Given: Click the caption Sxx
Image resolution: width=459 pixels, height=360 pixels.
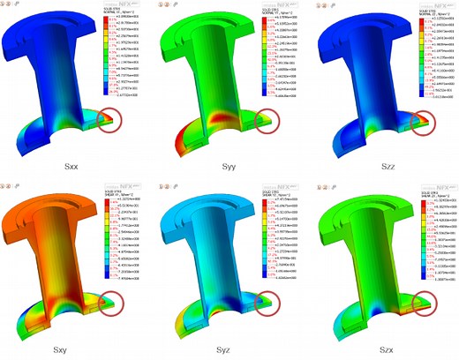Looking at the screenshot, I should [74, 164].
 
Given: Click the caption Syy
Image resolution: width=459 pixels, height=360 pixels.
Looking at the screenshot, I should [229, 164].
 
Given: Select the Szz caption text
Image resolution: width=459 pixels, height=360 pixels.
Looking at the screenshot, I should [383, 164].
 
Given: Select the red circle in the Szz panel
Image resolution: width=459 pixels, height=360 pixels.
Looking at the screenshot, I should [422, 119].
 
